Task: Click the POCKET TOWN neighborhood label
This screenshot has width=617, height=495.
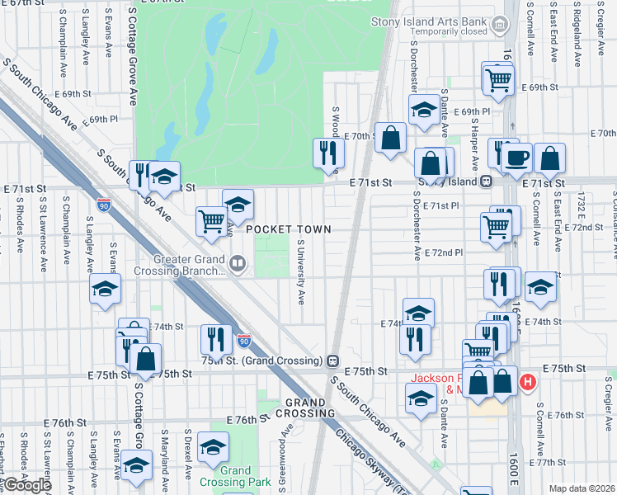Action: pos(288,229)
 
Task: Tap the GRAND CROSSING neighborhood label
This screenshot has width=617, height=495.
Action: pos(310,407)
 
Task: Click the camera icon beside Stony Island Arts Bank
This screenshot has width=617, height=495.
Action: pos(500,26)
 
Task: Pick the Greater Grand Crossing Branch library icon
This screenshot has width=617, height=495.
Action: pos(238,264)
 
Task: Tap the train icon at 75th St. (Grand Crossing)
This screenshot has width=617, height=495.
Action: pos(332,361)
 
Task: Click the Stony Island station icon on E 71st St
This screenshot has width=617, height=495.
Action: pos(487,181)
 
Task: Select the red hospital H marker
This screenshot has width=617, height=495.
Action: pos(528,383)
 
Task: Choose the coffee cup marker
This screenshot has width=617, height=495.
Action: pos(517,158)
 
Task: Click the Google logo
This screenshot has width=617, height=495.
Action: pos(26,484)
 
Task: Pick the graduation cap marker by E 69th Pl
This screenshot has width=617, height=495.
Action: pos(424,109)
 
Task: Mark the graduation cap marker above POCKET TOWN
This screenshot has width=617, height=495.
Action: pos(238,203)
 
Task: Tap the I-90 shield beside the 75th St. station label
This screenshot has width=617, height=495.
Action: pos(243,339)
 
